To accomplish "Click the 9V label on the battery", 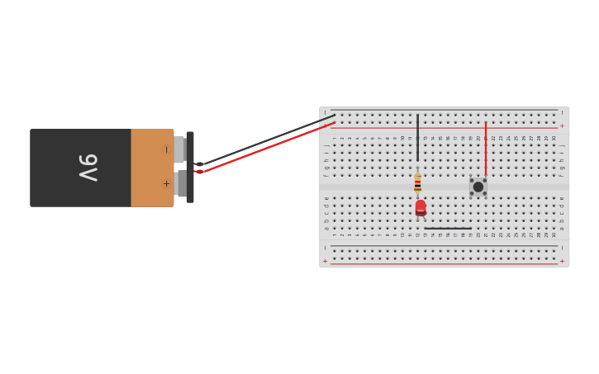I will (88, 168).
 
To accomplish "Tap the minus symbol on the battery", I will (166, 149).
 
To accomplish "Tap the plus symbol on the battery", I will (166, 183).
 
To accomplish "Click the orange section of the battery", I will (152, 168).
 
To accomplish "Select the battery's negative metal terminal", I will (179, 149).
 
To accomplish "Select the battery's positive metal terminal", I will (180, 183).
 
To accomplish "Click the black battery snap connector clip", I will (190, 167).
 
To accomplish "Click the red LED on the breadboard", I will (421, 206).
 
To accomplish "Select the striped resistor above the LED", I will (418, 182).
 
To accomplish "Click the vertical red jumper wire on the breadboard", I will (486, 149).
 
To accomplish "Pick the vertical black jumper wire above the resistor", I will (418, 137).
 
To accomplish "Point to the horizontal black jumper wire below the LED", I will (448, 229).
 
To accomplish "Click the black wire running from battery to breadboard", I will (264, 140).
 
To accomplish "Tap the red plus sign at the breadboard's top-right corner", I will (562, 126).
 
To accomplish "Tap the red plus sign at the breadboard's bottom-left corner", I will (325, 261).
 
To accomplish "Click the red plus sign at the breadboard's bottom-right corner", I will (562, 261).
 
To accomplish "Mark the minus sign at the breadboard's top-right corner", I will (562, 113).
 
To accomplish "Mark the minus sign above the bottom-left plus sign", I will (325, 248).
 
